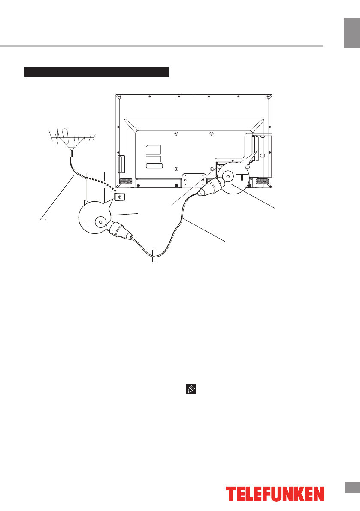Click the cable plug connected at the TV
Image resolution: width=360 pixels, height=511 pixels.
pos(210,187)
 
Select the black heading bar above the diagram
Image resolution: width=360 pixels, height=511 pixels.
pos(97,72)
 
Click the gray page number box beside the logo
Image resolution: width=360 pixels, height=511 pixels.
pos(352,488)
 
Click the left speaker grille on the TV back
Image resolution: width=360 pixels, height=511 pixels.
pos(125,181)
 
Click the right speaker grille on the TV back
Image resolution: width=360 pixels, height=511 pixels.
pos(263,181)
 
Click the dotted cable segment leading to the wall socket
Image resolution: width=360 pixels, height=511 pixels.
pos(101,181)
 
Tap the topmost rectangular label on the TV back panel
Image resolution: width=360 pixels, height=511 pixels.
pos(154,150)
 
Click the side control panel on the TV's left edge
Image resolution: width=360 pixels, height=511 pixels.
pos(121,164)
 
